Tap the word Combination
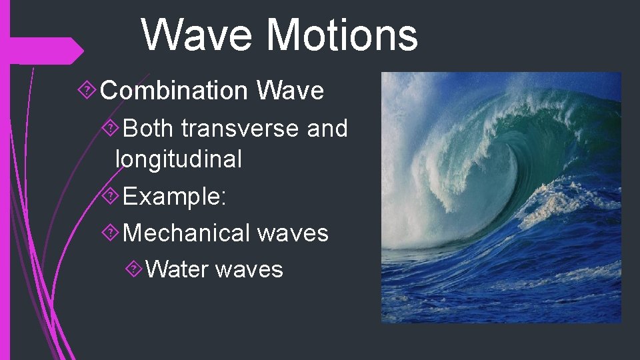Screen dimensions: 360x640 pos(177,91)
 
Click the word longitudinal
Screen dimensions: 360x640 pos(178,159)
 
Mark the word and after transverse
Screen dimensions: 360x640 pos(327,128)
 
